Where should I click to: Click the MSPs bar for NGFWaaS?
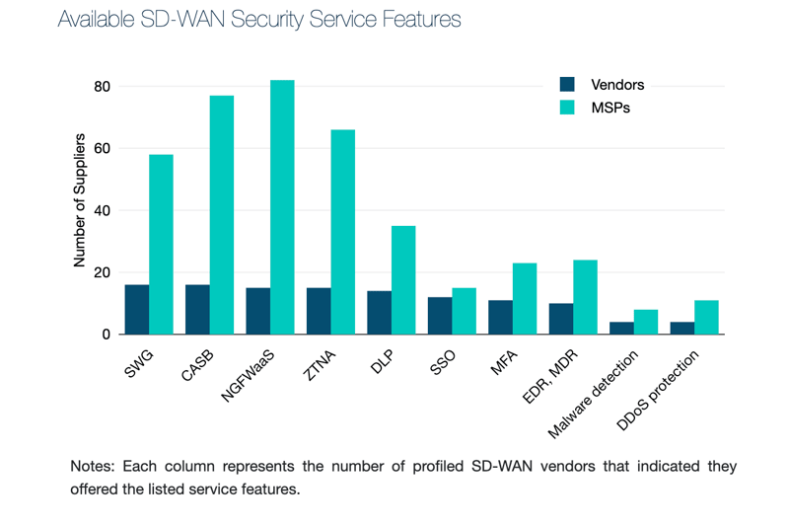point(282,207)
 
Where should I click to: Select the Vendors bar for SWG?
point(137,310)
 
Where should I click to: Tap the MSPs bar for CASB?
point(222,215)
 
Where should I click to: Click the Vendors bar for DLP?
point(379,313)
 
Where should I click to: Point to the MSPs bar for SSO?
point(464,311)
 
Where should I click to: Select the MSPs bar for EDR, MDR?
point(585,297)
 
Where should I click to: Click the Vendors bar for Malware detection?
point(621,328)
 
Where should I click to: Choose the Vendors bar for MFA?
point(500,317)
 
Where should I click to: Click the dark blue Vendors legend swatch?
point(567,85)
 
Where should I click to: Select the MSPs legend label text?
point(610,108)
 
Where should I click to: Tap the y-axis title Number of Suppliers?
point(80,200)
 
